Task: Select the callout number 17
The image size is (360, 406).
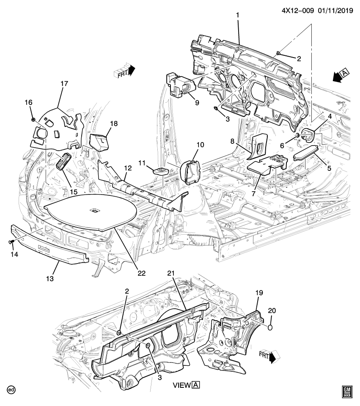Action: click(x=63, y=84)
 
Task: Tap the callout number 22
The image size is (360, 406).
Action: click(x=141, y=273)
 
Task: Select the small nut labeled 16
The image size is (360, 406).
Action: click(x=33, y=120)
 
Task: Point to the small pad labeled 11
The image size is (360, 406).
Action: click(x=159, y=170)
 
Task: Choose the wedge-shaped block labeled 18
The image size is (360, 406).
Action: click(x=100, y=141)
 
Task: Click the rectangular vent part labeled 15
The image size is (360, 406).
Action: click(x=63, y=161)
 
